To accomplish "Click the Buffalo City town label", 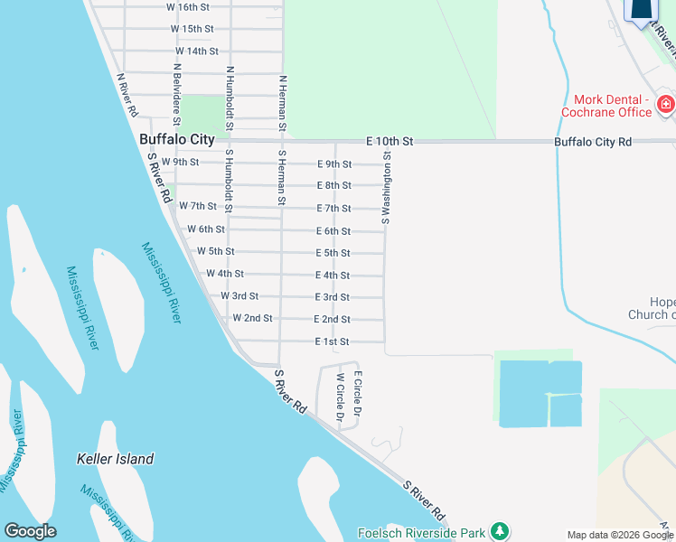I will click(177, 140).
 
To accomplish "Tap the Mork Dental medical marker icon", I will click(665, 105).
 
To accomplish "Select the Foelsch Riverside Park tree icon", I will click(499, 531).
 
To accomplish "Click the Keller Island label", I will click(115, 459).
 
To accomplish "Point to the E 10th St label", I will click(390, 142).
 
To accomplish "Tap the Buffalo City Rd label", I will click(594, 142).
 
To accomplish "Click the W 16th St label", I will click(188, 6).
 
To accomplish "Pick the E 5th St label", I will click(333, 253).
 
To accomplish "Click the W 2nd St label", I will click(252, 318).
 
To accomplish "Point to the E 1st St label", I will click(331, 341).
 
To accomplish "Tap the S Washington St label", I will click(386, 187).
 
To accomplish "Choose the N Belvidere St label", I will click(176, 94).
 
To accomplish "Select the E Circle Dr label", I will click(358, 393).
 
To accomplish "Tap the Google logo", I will click(30, 531).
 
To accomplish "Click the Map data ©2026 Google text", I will click(620, 535).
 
